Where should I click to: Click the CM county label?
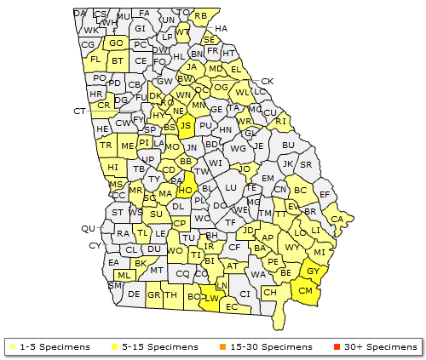[305, 291]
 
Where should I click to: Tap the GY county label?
[313, 271]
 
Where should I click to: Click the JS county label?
[185, 124]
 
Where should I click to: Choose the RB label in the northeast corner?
[200, 16]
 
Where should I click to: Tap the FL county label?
[95, 60]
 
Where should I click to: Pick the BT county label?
[118, 61]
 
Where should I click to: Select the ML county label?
[124, 275]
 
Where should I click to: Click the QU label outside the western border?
[88, 228]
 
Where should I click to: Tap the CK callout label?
[268, 82]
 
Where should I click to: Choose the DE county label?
[134, 294]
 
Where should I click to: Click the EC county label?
[231, 306]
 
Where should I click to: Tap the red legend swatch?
[337, 347]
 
